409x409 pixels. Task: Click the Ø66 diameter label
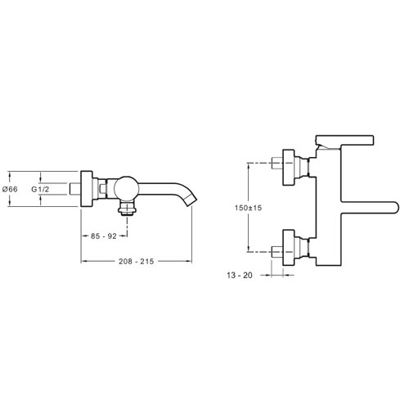(10, 189)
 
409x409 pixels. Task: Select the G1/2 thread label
(40, 189)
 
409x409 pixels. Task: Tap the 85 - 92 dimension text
(104, 236)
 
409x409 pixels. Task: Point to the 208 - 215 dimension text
(137, 261)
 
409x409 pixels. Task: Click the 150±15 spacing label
(248, 208)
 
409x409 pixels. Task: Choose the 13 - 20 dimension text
(240, 276)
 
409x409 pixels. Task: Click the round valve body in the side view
(126, 189)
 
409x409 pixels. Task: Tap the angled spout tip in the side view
(191, 200)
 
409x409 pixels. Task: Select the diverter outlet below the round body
(126, 209)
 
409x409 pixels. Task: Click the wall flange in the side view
(87, 189)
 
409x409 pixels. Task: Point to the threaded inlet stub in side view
(75, 189)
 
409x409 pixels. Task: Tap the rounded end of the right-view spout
(395, 208)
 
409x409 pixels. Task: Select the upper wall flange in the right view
(289, 168)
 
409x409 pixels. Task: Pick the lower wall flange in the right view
(289, 247)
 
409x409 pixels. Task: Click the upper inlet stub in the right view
(277, 164)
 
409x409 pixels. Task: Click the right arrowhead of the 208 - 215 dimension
(189, 261)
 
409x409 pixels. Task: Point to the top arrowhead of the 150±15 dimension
(248, 166)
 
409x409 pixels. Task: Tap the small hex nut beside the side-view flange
(102, 189)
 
